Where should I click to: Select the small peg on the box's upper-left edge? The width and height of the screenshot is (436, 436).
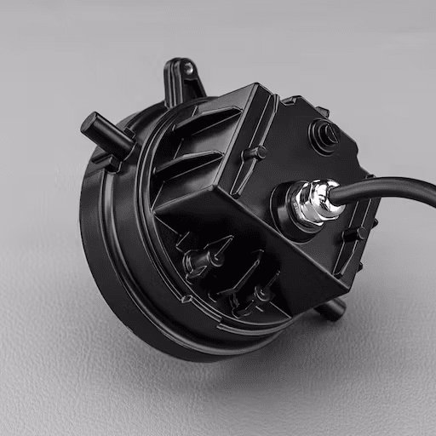pos(254,153)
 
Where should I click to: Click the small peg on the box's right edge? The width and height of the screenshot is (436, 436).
pos(362,232)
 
